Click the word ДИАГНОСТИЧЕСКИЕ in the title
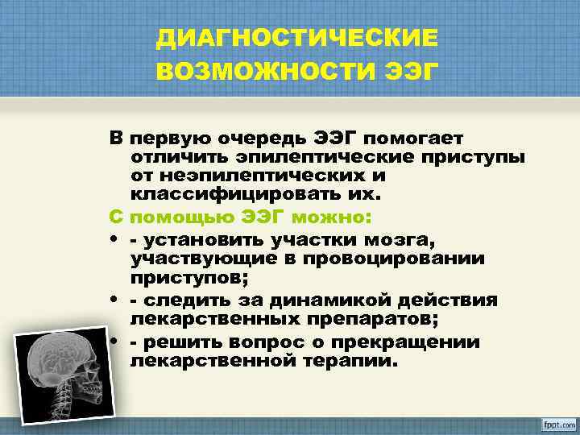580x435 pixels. point(298,38)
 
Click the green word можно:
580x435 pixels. point(330,217)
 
